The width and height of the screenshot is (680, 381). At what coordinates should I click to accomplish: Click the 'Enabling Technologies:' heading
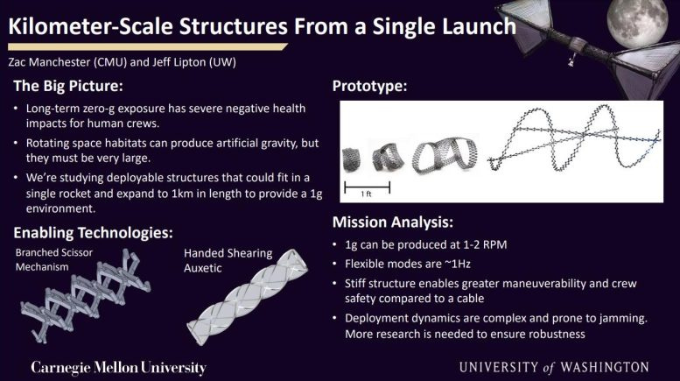pyautogui.click(x=92, y=232)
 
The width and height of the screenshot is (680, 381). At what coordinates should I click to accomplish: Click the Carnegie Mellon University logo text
pyautogui.click(x=119, y=366)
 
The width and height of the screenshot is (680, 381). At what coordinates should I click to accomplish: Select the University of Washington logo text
pyautogui.click(x=557, y=366)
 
